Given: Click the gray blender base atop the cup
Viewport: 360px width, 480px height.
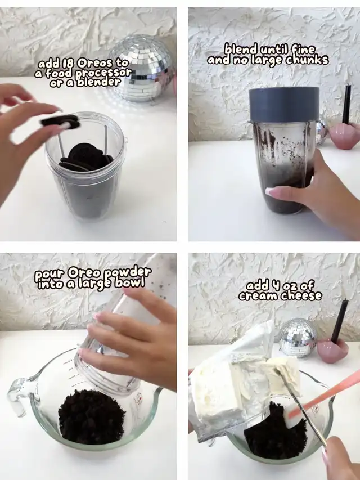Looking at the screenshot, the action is pos(284,104).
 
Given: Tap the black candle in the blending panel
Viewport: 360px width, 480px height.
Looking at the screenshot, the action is pos(347,104).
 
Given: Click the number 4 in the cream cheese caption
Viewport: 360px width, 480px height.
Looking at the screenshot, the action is pos(275,286).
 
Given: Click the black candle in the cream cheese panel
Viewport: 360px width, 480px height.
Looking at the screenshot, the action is pos(340,321).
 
